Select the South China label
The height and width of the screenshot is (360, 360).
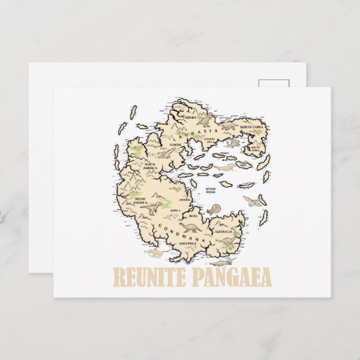255,147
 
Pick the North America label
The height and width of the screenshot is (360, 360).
151,166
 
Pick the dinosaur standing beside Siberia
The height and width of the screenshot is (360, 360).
205,120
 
